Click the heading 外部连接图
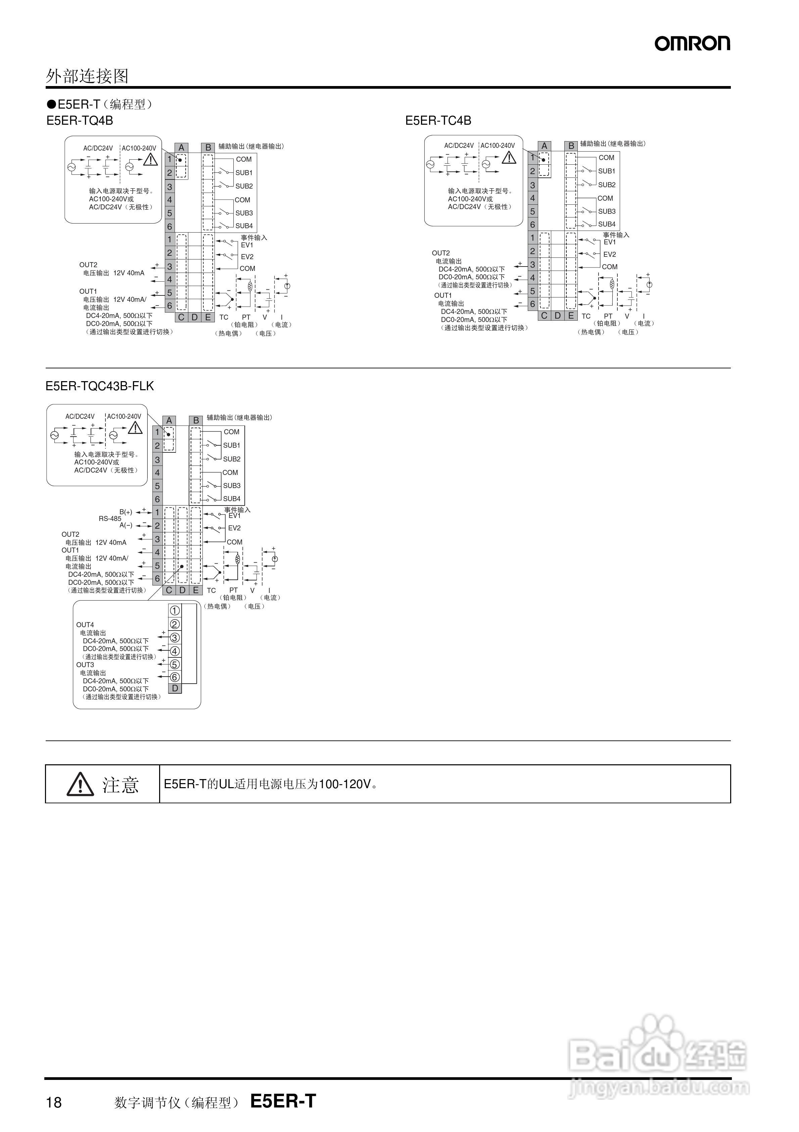pyautogui.click(x=87, y=76)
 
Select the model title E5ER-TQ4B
pyautogui.click(x=80, y=121)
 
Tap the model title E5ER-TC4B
pyautogui.click(x=438, y=121)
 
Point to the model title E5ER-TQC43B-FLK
pyautogui.click(x=99, y=386)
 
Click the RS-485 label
pyautogui.click(x=110, y=519)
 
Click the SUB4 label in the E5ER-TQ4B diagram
pyautogui.click(x=244, y=226)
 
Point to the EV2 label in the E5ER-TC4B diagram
pyautogui.click(x=609, y=254)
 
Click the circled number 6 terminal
pyautogui.click(x=174, y=678)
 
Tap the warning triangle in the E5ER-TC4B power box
pyautogui.click(x=509, y=158)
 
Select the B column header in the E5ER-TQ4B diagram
pyautogui.click(x=208, y=148)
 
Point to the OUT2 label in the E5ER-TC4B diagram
pyautogui.click(x=441, y=253)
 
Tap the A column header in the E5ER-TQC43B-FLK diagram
pyautogui.click(x=169, y=420)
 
